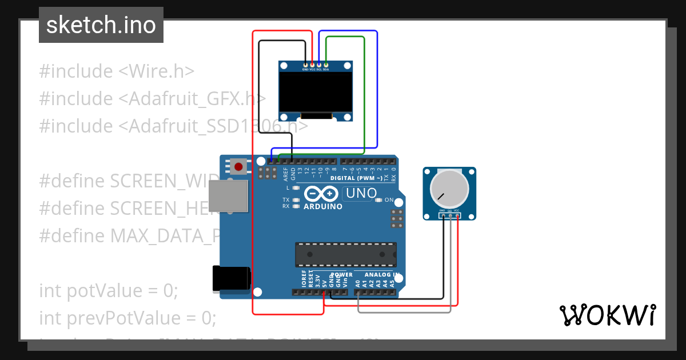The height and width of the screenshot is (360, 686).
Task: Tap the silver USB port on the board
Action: coord(228,197)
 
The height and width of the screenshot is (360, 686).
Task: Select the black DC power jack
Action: coord(230,278)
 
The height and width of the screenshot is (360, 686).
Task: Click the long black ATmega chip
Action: coord(345,254)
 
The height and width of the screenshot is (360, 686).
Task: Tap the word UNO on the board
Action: coord(360,193)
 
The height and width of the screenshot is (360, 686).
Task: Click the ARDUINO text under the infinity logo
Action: coord(323,206)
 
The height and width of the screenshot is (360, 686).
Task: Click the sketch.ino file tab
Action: coord(101,25)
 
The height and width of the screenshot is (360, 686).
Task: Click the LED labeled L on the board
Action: coord(296,188)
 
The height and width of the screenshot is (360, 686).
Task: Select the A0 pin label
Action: coord(357,282)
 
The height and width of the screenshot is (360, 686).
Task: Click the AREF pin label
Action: coord(285,170)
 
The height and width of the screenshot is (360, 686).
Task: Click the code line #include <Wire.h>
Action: coord(117,71)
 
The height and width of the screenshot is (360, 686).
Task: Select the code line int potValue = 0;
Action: coord(109,291)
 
